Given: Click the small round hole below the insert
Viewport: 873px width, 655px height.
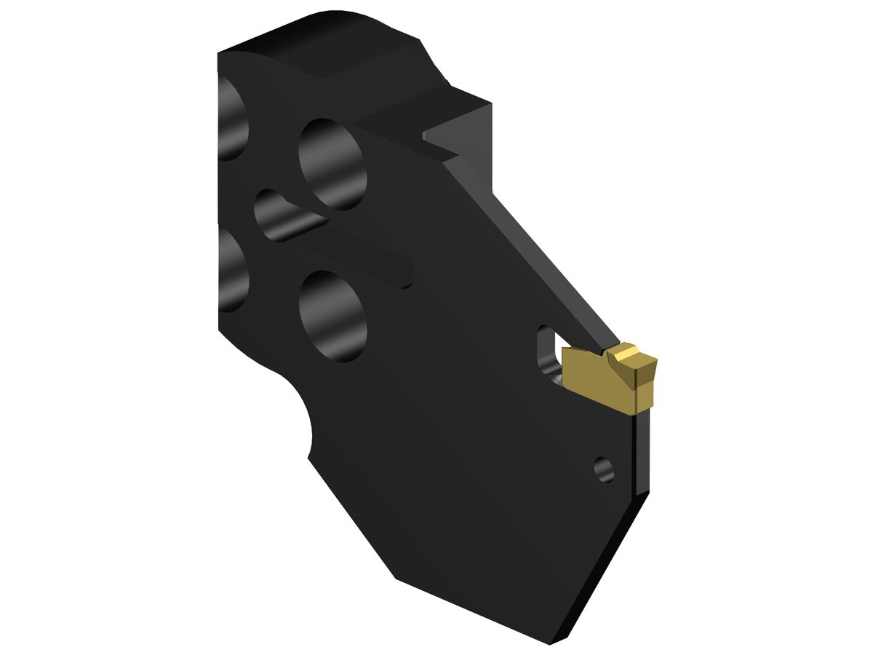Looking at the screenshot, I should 603,469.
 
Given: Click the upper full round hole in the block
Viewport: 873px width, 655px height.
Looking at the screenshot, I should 332,164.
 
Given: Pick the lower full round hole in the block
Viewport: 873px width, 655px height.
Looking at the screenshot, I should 332,317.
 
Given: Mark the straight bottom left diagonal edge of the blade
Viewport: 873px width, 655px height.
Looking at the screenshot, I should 349,517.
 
